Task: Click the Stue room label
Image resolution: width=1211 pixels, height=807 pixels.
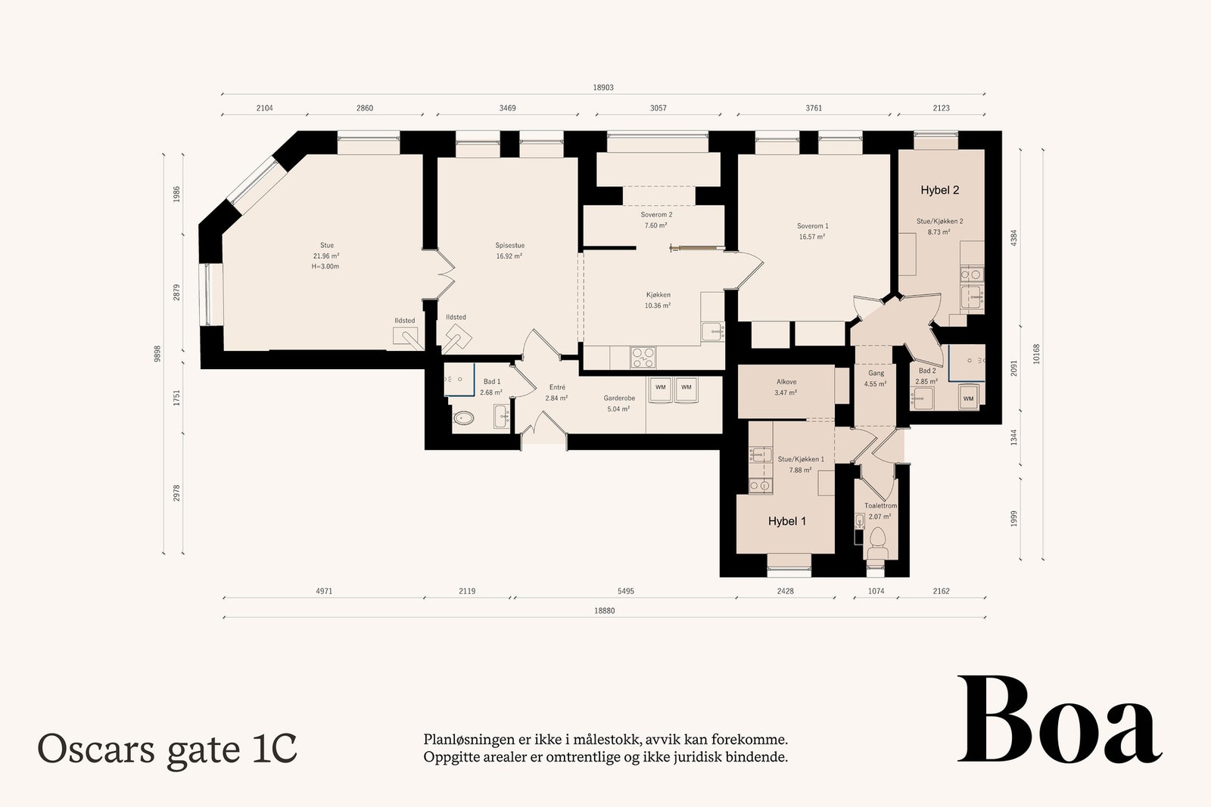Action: click(326, 245)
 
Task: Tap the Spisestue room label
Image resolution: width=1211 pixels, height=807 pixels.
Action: click(509, 245)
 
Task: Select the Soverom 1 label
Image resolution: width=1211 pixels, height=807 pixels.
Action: click(812, 226)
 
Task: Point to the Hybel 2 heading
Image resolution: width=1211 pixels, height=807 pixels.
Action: click(939, 190)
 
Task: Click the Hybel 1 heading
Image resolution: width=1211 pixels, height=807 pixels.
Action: click(786, 521)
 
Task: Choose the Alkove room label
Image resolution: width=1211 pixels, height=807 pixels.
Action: click(786, 382)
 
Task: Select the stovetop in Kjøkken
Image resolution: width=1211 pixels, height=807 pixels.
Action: click(643, 357)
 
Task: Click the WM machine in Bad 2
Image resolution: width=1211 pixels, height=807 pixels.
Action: click(968, 398)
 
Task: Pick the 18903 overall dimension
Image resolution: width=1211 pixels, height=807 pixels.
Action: click(602, 88)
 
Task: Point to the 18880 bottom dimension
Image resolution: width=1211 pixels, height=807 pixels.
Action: click(605, 611)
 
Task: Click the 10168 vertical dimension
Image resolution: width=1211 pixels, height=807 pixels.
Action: click(1036, 355)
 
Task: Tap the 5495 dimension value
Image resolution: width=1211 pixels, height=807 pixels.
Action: click(625, 591)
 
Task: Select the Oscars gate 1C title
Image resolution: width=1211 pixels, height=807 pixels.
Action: click(167, 750)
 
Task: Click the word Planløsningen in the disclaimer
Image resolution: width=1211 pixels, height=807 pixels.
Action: click(469, 740)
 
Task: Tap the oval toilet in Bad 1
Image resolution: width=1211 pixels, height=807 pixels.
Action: click(463, 417)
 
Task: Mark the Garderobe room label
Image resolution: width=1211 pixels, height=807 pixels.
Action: click(619, 398)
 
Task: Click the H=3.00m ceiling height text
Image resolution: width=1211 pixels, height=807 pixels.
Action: click(325, 266)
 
